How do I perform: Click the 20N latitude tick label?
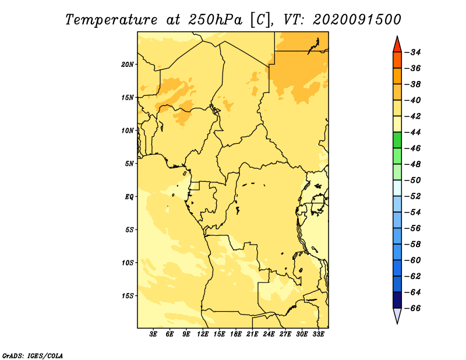[128, 65]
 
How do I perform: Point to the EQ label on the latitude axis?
[129, 197]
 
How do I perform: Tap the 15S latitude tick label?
[128, 296]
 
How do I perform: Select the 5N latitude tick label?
[129, 164]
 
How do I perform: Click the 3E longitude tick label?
[153, 334]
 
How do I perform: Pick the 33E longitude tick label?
[318, 334]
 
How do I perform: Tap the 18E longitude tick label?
[236, 334]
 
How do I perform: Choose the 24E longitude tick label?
[269, 334]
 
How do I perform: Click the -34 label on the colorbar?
[413, 52]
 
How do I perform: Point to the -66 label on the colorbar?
[413, 308]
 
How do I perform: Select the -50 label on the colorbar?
[413, 180]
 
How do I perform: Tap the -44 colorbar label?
[413, 132]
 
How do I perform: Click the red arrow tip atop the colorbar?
[397, 37]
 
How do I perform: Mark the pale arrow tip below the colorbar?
[397, 323]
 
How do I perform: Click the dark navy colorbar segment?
[397, 300]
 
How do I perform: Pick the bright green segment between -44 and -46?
[397, 140]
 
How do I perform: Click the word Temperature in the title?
[111, 20]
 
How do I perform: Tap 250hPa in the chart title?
[215, 20]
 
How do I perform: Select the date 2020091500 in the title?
[357, 20]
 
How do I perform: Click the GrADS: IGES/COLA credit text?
[33, 355]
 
